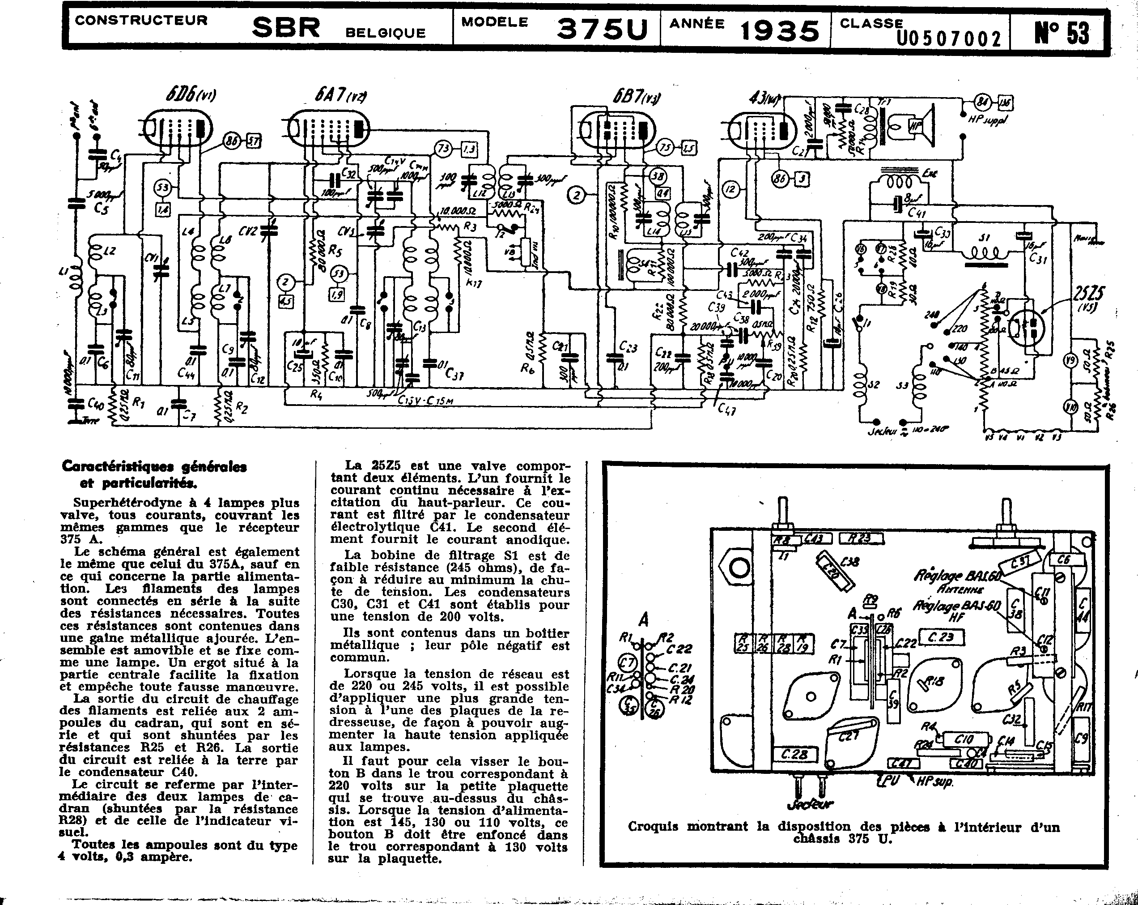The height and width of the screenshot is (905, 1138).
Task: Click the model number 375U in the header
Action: pyautogui.click(x=602, y=29)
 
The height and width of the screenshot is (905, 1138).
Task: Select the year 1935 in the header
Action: pyautogui.click(x=780, y=30)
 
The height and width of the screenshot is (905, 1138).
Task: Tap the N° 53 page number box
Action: pyautogui.click(x=1061, y=32)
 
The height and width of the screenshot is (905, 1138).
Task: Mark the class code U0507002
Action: pyautogui.click(x=948, y=38)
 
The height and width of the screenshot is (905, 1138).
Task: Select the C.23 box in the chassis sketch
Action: pyautogui.click(x=942, y=637)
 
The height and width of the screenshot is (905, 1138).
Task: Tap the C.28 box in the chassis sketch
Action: pyautogui.click(x=794, y=755)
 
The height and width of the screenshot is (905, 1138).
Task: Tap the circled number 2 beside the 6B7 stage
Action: pyautogui.click(x=577, y=195)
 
